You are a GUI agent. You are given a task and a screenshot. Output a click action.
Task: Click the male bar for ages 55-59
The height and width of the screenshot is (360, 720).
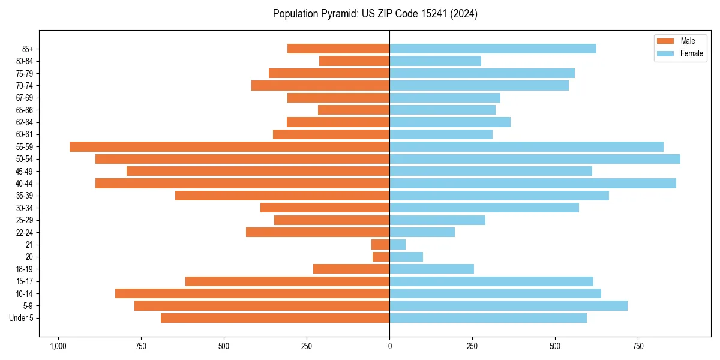pos(230,146)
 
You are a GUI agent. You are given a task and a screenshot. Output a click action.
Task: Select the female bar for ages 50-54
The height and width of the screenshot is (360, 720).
pos(535,159)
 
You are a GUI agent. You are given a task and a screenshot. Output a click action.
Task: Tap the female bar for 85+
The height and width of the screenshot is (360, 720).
pos(493,49)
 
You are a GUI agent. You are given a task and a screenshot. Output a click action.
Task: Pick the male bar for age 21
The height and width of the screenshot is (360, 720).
pos(380,245)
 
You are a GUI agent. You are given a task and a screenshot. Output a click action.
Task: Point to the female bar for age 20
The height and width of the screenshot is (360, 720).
pos(406,257)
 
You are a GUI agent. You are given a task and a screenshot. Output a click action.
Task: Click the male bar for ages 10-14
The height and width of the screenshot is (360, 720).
pos(252,293)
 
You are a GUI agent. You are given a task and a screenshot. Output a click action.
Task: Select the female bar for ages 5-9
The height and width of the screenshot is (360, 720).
pos(508,306)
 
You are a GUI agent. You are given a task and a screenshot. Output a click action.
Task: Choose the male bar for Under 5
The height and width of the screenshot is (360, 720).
pos(275,318)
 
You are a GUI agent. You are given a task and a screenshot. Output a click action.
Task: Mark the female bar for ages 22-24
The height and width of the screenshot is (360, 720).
pos(422,232)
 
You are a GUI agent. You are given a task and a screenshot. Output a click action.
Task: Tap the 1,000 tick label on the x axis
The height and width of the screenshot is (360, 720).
pos(58,346)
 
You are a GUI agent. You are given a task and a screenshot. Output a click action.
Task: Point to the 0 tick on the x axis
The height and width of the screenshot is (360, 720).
pos(389,346)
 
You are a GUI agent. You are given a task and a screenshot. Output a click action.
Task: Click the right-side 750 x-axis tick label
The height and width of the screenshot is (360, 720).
pos(638,346)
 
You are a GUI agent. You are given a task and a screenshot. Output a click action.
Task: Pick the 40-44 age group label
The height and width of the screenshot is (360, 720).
pos(25,184)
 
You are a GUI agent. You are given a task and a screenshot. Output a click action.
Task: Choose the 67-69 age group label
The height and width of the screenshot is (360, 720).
pos(25,98)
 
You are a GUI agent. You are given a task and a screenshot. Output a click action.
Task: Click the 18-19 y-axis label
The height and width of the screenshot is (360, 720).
pos(25,269)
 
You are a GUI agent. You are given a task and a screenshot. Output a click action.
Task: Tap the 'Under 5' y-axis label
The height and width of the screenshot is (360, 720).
pos(22,318)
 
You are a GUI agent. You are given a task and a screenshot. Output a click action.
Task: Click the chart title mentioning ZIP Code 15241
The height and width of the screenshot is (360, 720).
pos(375,14)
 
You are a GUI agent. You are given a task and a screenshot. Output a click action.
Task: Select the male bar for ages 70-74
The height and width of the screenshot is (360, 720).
pos(320,85)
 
